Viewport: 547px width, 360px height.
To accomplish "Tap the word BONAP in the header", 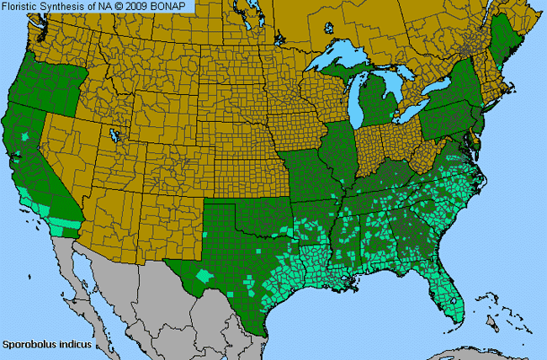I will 176,7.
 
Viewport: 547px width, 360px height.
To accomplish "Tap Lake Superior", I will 341,64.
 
